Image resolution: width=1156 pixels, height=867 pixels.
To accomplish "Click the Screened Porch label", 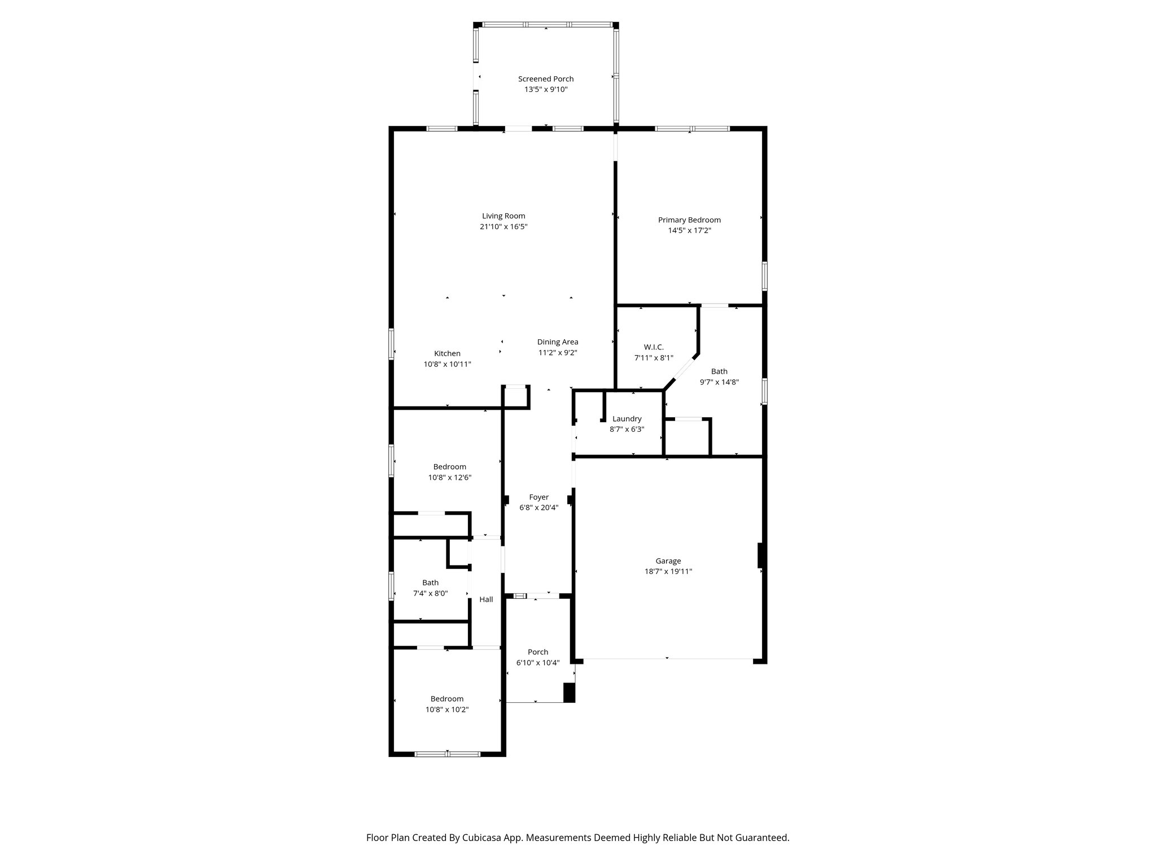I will [546, 79].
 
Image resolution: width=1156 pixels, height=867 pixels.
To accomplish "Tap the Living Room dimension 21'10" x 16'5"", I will [503, 227].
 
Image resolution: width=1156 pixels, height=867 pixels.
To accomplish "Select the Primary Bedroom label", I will [689, 220].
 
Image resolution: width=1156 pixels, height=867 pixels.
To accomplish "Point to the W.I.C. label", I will [654, 347].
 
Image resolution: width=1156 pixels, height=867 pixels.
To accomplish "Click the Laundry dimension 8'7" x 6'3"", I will [627, 430].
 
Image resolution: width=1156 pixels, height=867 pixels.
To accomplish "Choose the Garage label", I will [668, 561].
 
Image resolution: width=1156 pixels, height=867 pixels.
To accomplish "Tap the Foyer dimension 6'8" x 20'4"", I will [538, 508].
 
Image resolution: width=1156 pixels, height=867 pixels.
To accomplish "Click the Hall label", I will [486, 599].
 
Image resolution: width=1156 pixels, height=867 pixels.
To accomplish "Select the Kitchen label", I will [447, 354].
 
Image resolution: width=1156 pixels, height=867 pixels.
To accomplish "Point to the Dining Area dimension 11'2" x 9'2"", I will [558, 353].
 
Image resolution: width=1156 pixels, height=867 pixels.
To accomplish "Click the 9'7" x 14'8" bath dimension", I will [719, 382].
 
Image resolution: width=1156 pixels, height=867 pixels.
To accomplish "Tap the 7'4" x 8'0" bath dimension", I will [430, 594].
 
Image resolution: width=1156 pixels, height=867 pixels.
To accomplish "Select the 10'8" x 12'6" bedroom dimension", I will [449, 478].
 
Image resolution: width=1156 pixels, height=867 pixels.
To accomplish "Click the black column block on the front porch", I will [569, 693].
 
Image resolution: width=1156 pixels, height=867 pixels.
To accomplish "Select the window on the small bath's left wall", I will [391, 586].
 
